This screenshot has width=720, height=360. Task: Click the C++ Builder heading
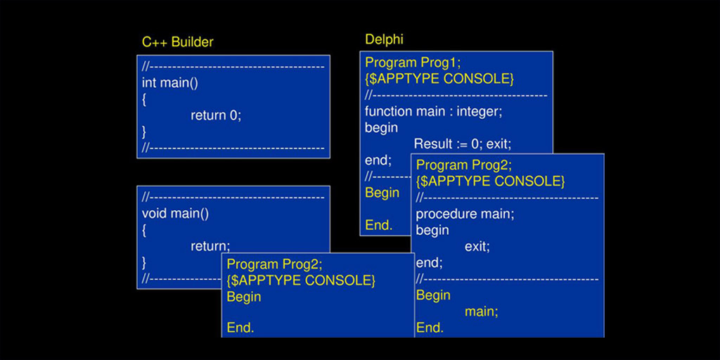tap(178, 42)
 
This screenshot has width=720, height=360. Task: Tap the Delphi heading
tap(384, 39)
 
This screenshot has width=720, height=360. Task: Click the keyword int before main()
tap(149, 83)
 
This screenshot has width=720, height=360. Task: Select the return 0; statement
tap(216, 115)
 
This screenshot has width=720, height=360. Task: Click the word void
tap(155, 214)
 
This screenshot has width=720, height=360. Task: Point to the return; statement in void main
tap(210, 246)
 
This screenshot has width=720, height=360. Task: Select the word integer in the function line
tap(479, 111)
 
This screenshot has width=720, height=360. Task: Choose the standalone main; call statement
tap(481, 311)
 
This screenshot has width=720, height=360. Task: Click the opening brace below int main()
tap(144, 100)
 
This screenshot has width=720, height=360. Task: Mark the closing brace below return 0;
tap(144, 132)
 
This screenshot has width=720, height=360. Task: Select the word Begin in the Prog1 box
tap(382, 193)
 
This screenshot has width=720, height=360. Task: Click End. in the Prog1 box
tap(379, 225)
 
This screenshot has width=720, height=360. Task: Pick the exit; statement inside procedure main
tap(477, 247)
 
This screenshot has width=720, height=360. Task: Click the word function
tap(388, 111)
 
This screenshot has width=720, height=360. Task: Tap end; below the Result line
tap(378, 160)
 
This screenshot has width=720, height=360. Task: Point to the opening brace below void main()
tap(144, 230)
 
